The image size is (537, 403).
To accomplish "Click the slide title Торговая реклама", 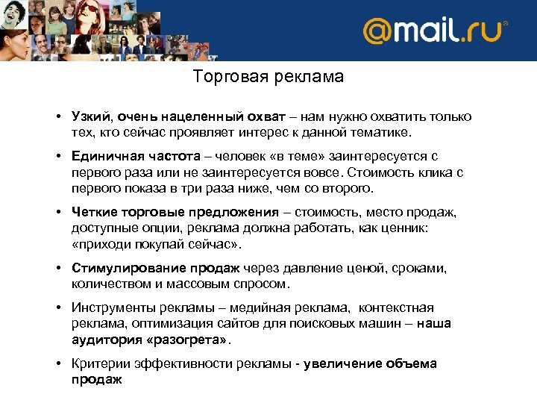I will (x=268, y=77).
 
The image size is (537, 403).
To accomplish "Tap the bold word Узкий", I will (x=89, y=117).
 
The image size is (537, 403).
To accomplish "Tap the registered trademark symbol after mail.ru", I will (x=505, y=24).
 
